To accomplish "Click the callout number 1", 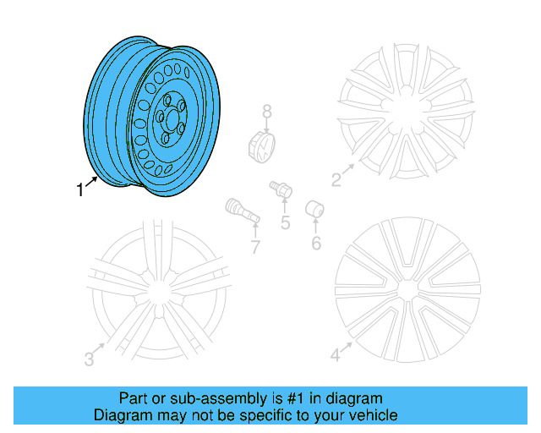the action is point(81,190).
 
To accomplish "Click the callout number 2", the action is point(336,178).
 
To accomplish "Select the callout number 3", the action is point(89,359).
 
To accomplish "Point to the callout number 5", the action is point(285,222).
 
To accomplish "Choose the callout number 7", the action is point(254,246).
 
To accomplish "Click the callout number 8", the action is point(266,111).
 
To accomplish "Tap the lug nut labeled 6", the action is point(313,208).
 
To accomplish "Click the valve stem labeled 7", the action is point(239,211).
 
